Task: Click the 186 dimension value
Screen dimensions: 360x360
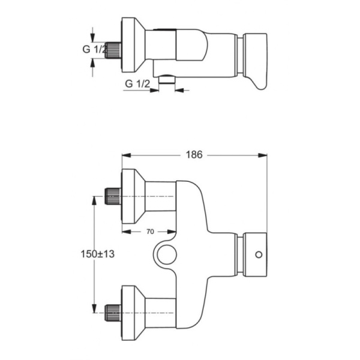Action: click(x=193, y=155)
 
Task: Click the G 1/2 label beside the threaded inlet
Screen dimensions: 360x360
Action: click(x=95, y=50)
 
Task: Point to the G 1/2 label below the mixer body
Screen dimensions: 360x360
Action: click(x=137, y=84)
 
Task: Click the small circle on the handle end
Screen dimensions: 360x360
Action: click(x=259, y=254)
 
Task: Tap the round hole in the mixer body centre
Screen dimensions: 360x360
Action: click(x=166, y=255)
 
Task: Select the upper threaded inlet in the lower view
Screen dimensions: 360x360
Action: click(x=113, y=196)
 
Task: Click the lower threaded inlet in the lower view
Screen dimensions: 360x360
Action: click(x=113, y=312)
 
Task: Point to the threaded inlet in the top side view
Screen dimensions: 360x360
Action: click(x=113, y=50)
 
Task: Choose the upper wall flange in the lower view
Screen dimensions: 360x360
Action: click(x=132, y=196)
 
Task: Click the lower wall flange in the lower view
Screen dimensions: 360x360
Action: click(x=132, y=312)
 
